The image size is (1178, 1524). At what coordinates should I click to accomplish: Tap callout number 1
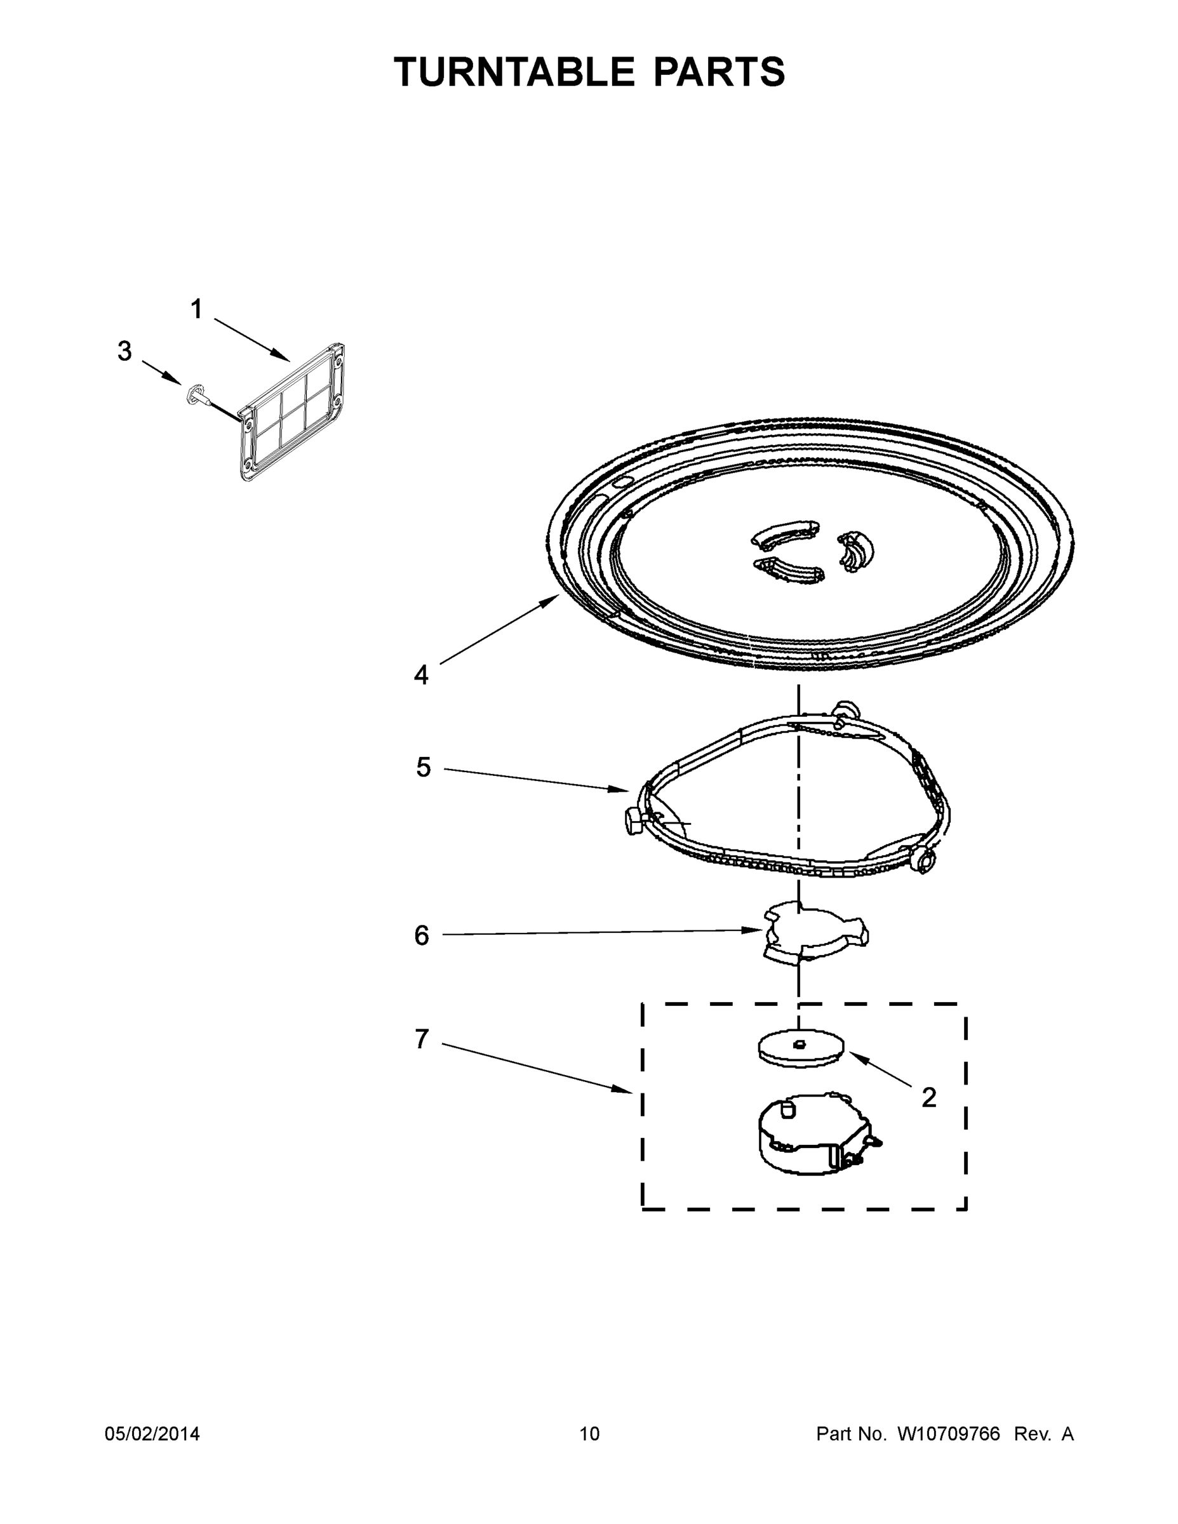tap(197, 309)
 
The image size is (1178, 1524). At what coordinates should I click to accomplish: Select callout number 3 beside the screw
tap(124, 351)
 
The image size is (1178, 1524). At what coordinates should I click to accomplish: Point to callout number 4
tap(421, 675)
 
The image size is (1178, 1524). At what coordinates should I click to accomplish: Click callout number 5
tap(424, 767)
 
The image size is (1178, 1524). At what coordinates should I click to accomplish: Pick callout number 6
tap(422, 935)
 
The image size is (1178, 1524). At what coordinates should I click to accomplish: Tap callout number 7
tap(422, 1039)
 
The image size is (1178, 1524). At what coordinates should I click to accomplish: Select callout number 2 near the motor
tap(928, 1098)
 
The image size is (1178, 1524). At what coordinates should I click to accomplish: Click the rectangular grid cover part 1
tap(293, 415)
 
